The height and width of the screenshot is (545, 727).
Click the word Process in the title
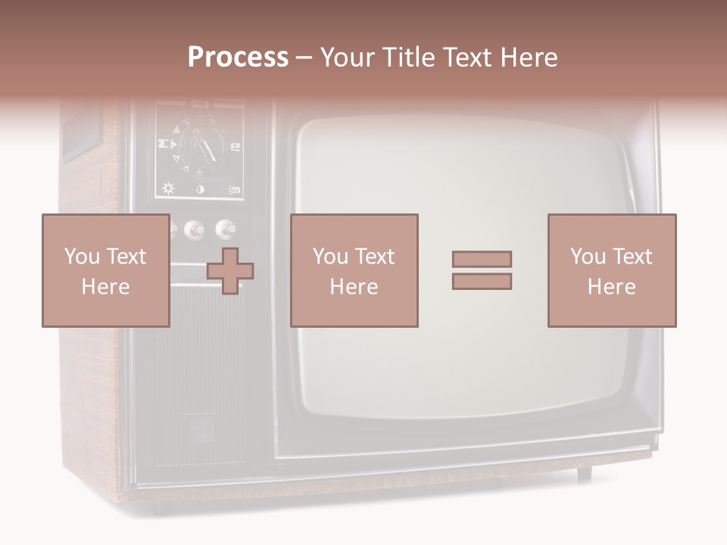238,58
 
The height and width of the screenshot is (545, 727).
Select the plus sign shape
230,270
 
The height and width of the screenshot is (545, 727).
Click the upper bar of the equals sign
482,259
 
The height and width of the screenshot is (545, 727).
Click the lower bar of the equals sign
482,282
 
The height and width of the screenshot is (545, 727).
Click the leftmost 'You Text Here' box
105,270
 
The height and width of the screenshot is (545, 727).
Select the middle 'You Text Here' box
354,270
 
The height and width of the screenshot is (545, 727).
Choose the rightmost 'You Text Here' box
611,270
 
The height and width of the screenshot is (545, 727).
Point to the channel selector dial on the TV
198,144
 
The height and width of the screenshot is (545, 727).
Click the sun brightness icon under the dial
168,189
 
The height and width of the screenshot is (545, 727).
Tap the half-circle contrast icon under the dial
201,189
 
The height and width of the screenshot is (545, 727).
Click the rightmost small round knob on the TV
226,229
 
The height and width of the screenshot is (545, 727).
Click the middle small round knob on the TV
195,229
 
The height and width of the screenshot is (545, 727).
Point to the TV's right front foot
584,474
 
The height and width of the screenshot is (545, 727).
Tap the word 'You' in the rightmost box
587,257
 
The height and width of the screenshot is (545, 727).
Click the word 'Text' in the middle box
375,257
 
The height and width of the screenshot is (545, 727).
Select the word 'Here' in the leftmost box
105,287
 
